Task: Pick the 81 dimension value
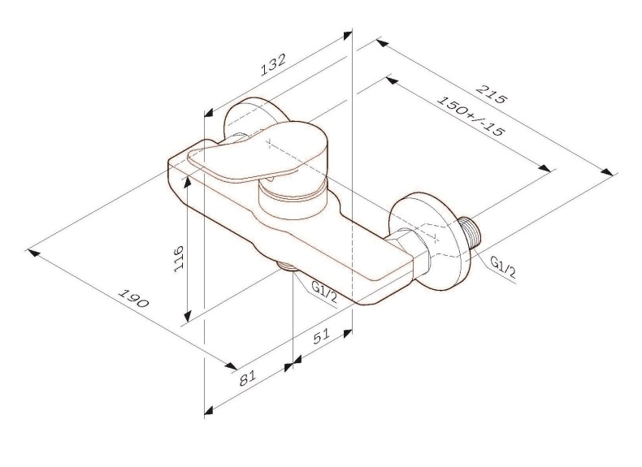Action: pos(249,377)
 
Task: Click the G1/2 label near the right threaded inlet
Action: pos(503,266)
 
